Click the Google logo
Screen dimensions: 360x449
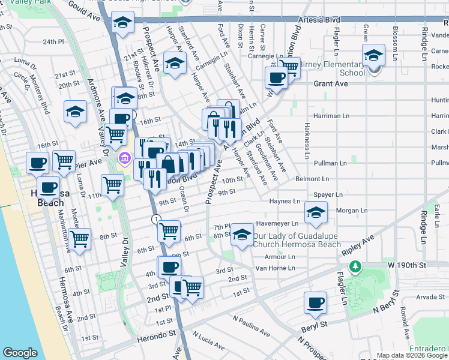tap(20, 353)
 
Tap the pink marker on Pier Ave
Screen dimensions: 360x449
tap(125, 159)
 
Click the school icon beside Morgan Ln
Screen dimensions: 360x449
tap(316, 212)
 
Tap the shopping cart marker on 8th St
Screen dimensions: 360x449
tap(79, 238)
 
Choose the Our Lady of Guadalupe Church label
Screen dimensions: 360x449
tap(297, 239)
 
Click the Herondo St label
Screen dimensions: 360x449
tap(154, 332)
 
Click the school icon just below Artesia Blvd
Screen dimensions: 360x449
tap(123, 23)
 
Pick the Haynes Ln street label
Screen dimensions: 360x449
tap(285, 202)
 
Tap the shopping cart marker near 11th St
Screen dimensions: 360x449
tap(112, 185)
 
